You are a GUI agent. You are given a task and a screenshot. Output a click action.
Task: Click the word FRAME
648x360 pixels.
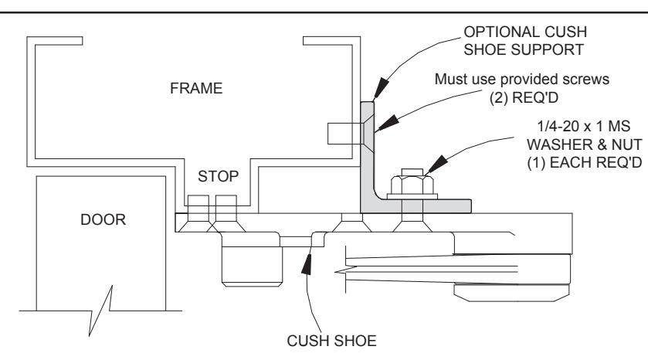click(x=196, y=88)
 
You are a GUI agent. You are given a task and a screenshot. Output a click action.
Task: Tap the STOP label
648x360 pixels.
click(x=218, y=176)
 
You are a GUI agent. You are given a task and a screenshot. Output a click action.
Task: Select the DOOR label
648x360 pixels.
click(x=103, y=219)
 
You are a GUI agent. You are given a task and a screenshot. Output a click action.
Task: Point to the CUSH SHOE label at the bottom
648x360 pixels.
click(x=331, y=341)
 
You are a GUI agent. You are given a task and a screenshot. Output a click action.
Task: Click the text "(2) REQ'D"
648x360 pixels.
click(x=524, y=97)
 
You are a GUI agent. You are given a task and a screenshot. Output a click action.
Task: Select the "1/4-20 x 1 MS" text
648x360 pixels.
click(x=583, y=126)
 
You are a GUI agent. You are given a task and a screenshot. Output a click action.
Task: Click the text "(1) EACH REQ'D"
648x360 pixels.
click(x=585, y=163)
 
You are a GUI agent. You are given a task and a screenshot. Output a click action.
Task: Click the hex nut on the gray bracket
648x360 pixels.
click(x=412, y=185)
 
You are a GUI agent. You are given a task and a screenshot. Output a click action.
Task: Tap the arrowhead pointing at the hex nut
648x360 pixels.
click(x=437, y=164)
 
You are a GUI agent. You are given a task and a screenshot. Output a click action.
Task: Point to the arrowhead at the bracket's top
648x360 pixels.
click(x=382, y=87)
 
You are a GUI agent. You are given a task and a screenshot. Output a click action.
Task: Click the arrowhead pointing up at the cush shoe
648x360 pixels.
click(x=307, y=263)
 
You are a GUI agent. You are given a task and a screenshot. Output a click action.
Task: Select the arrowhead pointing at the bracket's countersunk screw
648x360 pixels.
click(x=387, y=123)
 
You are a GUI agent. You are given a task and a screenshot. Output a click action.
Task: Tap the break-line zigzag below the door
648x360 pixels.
click(x=100, y=310)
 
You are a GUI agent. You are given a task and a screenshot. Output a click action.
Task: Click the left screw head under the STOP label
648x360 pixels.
click(x=198, y=213)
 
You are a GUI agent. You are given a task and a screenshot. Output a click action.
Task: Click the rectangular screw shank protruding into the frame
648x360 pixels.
click(x=344, y=134)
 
